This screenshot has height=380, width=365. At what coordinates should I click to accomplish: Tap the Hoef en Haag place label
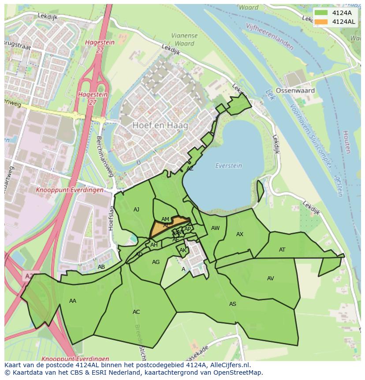click(160, 125)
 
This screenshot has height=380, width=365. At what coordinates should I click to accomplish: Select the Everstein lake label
click(228, 166)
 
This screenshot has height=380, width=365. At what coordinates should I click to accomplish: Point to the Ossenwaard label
click(295, 90)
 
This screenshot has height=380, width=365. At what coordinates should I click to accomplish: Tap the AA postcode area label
click(73, 301)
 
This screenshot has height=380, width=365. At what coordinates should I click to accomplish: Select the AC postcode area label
click(136, 312)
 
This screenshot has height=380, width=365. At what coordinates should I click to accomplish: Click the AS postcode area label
click(232, 304)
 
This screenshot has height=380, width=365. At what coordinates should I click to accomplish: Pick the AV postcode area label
click(270, 278)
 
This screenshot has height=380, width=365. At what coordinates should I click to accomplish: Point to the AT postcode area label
click(282, 250)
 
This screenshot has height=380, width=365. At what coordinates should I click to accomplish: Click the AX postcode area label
click(240, 234)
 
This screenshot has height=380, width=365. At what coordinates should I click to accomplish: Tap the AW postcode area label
click(215, 228)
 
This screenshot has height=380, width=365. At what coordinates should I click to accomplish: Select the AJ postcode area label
click(136, 210)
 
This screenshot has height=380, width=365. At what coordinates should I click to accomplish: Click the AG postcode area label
click(156, 262)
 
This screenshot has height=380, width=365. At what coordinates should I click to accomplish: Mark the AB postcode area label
click(101, 267)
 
